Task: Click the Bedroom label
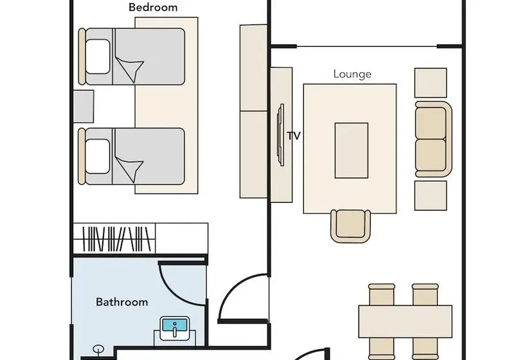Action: (153, 8)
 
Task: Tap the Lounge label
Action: (352, 74)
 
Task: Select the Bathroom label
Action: (121, 302)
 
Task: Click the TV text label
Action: (294, 136)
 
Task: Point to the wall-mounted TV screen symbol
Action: (280, 135)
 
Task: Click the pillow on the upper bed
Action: (98, 57)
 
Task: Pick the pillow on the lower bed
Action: (98, 157)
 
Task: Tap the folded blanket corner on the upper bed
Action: (130, 69)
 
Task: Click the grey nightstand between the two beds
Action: (84, 106)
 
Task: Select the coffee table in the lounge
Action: (351, 150)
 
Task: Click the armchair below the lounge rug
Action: (350, 226)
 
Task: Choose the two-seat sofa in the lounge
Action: (433, 139)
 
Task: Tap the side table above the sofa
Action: (431, 83)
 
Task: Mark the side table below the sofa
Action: (431, 195)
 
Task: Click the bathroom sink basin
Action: (174, 328)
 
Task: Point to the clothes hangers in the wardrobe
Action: (116, 239)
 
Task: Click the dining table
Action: (405, 321)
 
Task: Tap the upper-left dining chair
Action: (382, 294)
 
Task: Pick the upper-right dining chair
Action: (425, 294)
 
